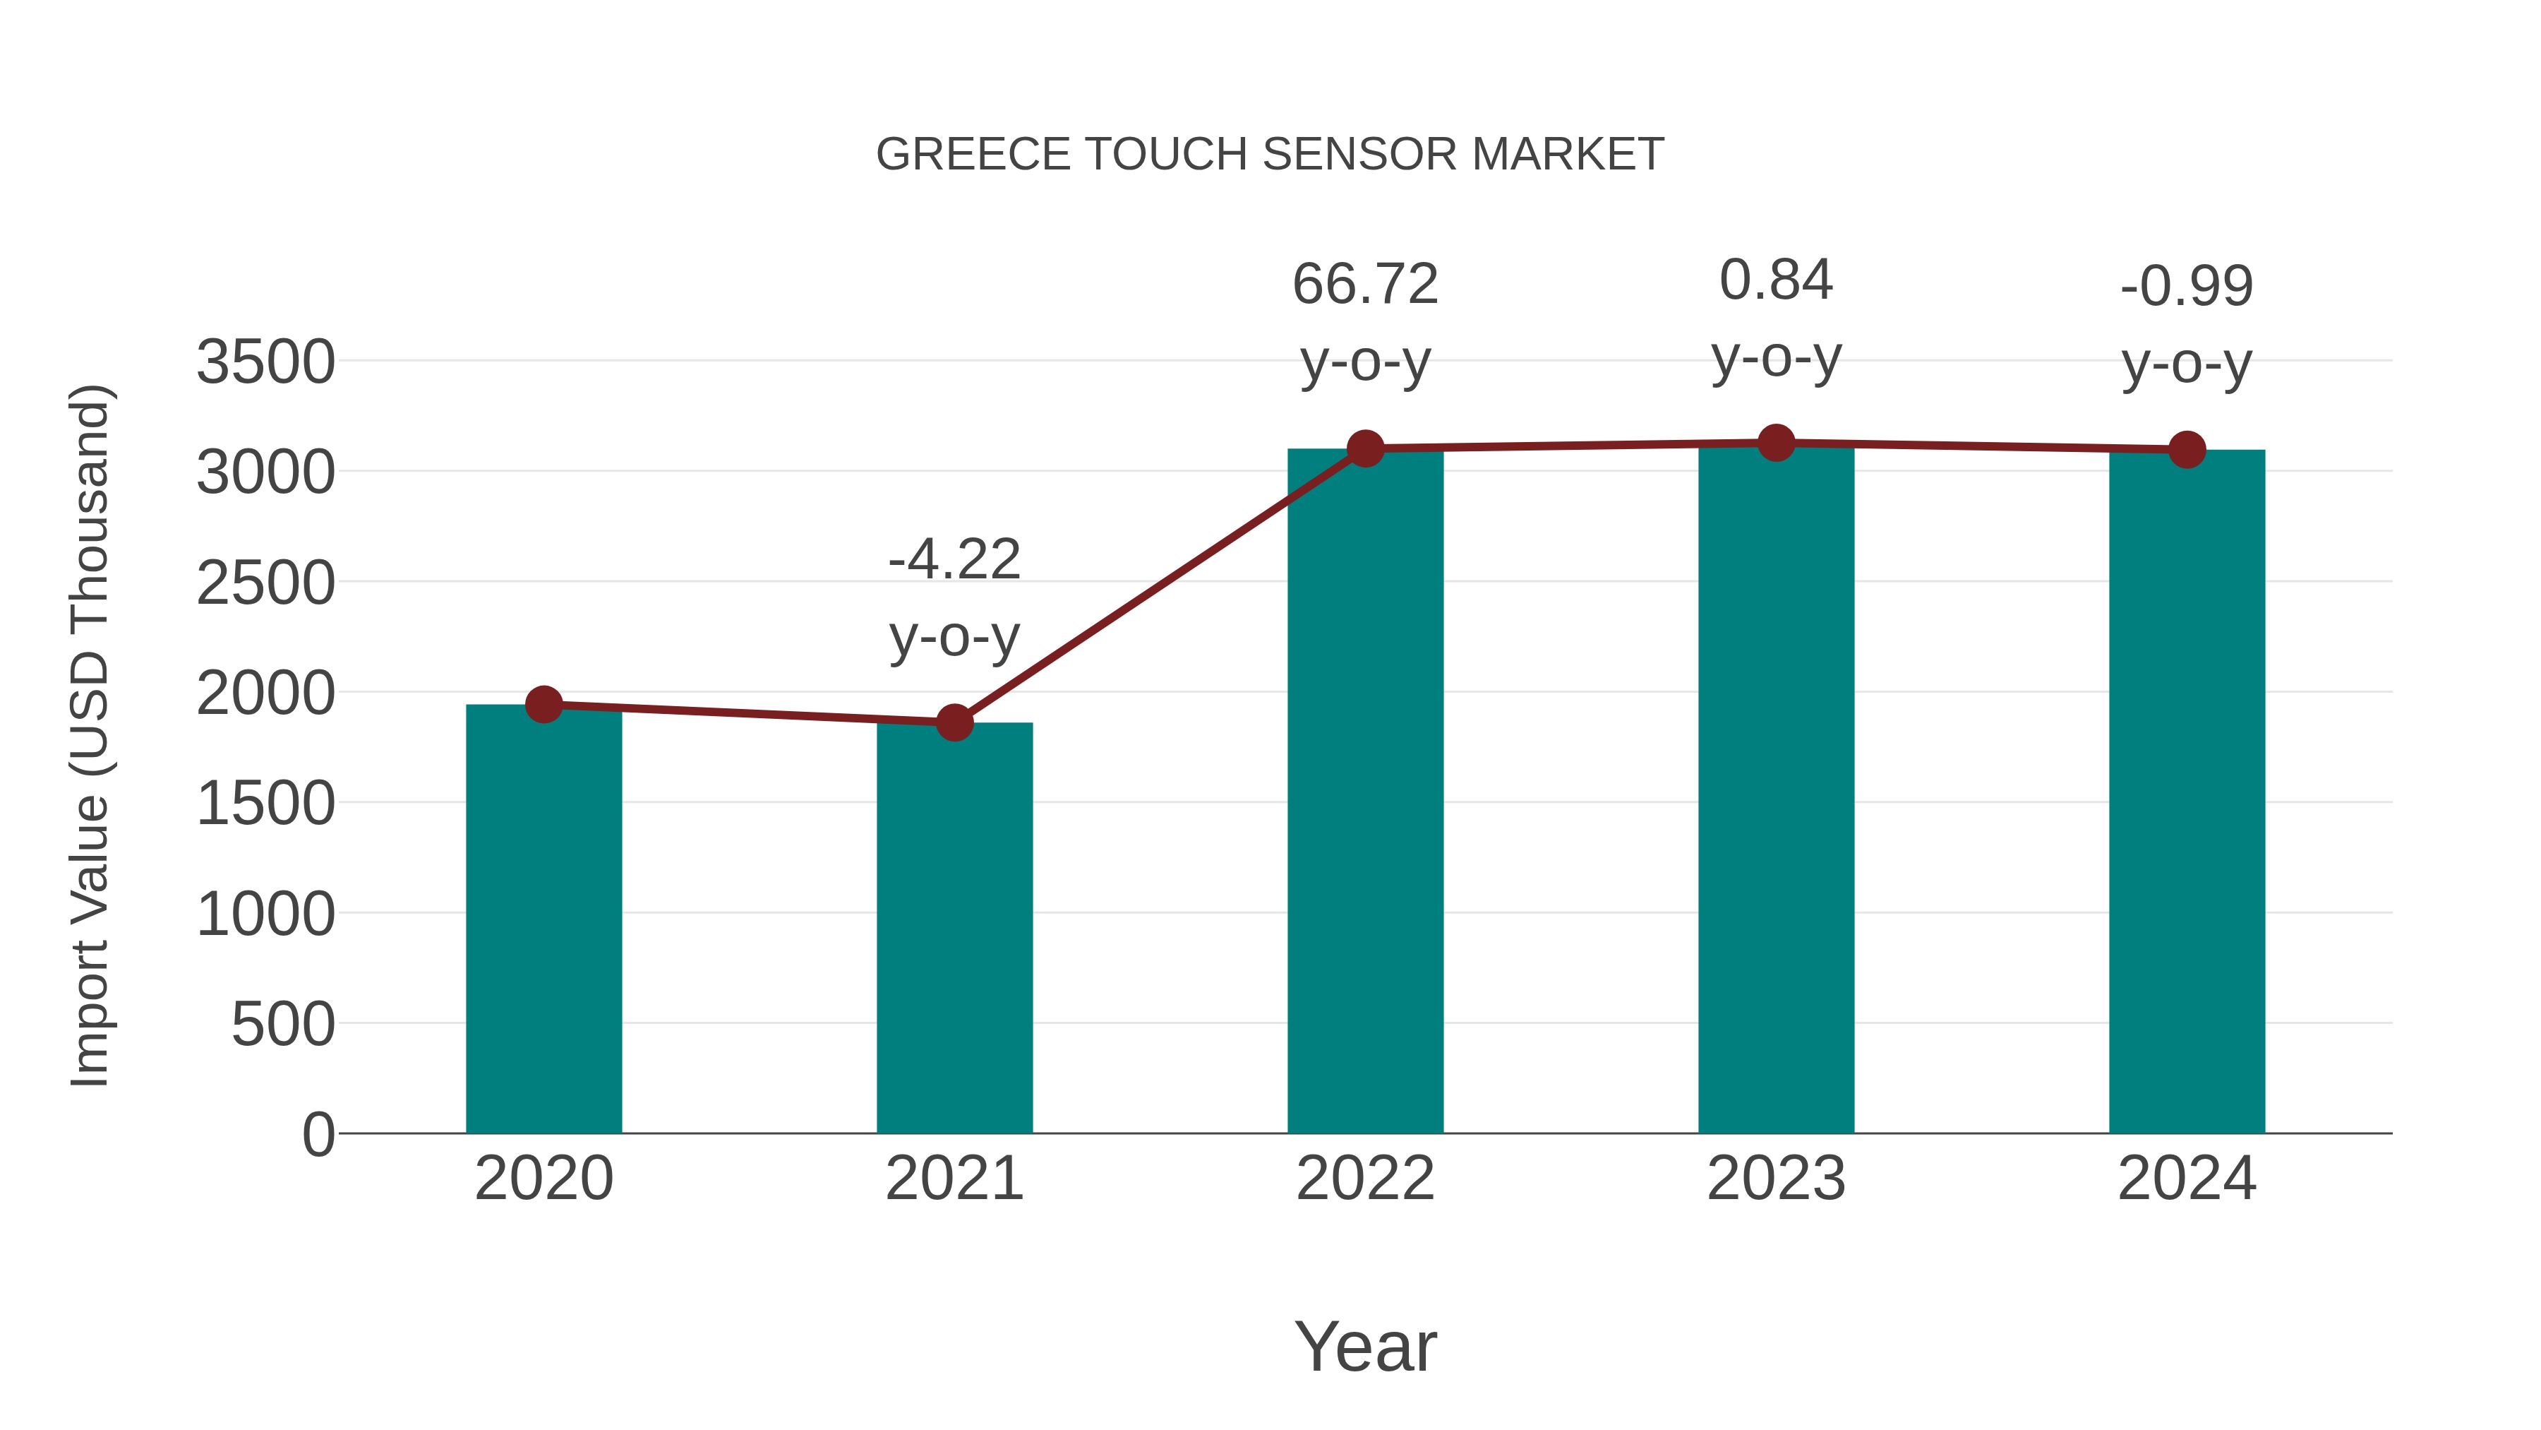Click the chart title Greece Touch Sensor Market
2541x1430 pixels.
(x=1270, y=155)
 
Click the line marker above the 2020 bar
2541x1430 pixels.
(x=543, y=705)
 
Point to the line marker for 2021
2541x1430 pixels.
(x=954, y=722)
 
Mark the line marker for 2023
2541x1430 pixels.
(x=1776, y=443)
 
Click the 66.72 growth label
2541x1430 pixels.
(x=1365, y=285)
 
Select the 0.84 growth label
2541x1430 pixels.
(x=1776, y=280)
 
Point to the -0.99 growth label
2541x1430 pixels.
(x=2187, y=287)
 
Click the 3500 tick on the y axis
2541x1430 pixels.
(x=265, y=362)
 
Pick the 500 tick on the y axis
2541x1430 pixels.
(x=283, y=1025)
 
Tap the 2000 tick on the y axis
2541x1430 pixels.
(x=265, y=693)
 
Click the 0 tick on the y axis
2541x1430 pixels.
(x=318, y=1134)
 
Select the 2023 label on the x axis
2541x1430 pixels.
(x=1776, y=1179)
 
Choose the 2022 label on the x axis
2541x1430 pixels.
(x=1365, y=1179)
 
